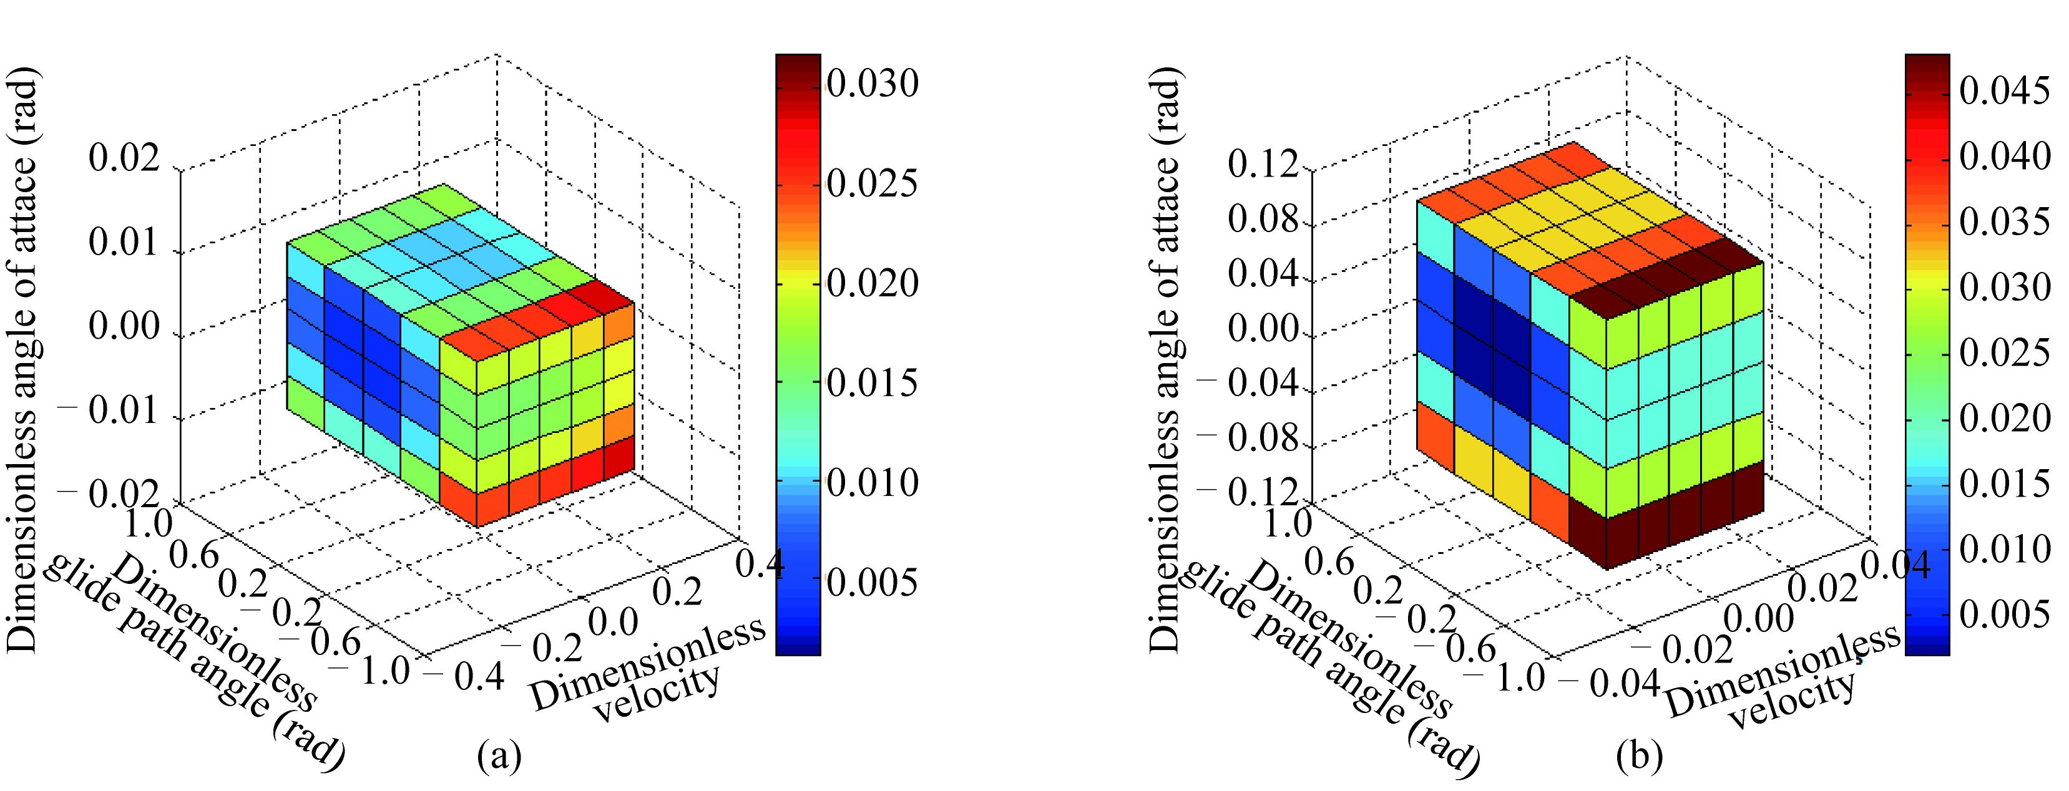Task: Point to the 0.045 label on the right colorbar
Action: [x=2005, y=92]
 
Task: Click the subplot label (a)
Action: [x=499, y=755]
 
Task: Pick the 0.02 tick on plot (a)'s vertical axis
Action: [x=124, y=159]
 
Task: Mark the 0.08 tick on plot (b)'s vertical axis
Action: [x=1263, y=220]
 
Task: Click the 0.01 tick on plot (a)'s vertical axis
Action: [x=124, y=241]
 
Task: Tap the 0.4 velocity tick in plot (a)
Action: [x=760, y=565]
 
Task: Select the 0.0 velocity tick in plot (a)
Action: [x=614, y=623]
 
